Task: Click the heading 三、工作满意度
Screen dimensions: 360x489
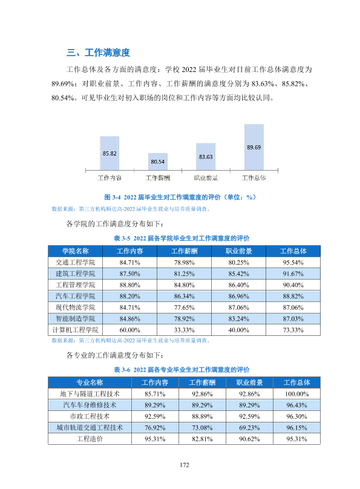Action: pyautogui.click(x=98, y=53)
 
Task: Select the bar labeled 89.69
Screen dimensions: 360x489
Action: pyautogui.click(x=254, y=147)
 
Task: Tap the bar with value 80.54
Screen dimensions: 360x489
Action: pyautogui.click(x=158, y=162)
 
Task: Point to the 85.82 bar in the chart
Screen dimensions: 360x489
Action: pyautogui.click(x=110, y=153)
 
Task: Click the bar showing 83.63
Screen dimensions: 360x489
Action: pyautogui.click(x=206, y=157)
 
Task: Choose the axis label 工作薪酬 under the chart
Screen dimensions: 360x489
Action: pyautogui.click(x=158, y=178)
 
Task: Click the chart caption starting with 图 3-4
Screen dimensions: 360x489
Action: pyautogui.click(x=180, y=197)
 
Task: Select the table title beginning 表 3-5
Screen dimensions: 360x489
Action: pyautogui.click(x=182, y=238)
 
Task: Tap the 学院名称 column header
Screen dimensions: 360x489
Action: pyautogui.click(x=75, y=251)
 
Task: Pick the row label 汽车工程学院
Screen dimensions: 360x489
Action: pyautogui.click(x=75, y=296)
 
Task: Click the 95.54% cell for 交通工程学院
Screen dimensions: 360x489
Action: pyautogui.click(x=293, y=263)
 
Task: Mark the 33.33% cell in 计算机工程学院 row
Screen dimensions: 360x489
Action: pyautogui.click(x=184, y=330)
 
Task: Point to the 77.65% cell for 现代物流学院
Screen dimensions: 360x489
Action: pyautogui.click(x=184, y=307)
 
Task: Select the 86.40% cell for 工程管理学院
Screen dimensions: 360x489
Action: pyautogui.click(x=238, y=285)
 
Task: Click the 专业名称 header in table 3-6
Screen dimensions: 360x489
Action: pyautogui.click(x=90, y=382)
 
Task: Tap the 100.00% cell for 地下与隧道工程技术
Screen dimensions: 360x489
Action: pyautogui.click(x=296, y=394)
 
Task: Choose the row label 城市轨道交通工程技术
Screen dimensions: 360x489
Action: pyautogui.click(x=90, y=427)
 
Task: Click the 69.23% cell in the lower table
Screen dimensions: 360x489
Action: pyautogui.click(x=249, y=427)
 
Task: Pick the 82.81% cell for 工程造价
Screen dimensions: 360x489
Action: pyautogui.click(x=202, y=439)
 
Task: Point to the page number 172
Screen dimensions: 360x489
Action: pyautogui.click(x=184, y=465)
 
